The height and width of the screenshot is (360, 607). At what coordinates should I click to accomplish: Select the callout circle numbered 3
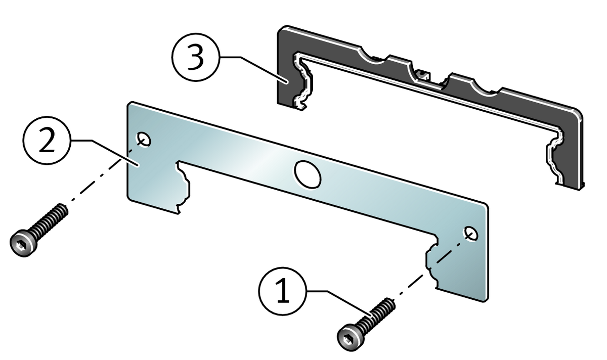tap(195, 59)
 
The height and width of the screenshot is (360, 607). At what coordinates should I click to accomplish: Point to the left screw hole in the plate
tap(144, 139)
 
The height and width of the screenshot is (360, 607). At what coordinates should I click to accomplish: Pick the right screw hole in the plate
tap(470, 234)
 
